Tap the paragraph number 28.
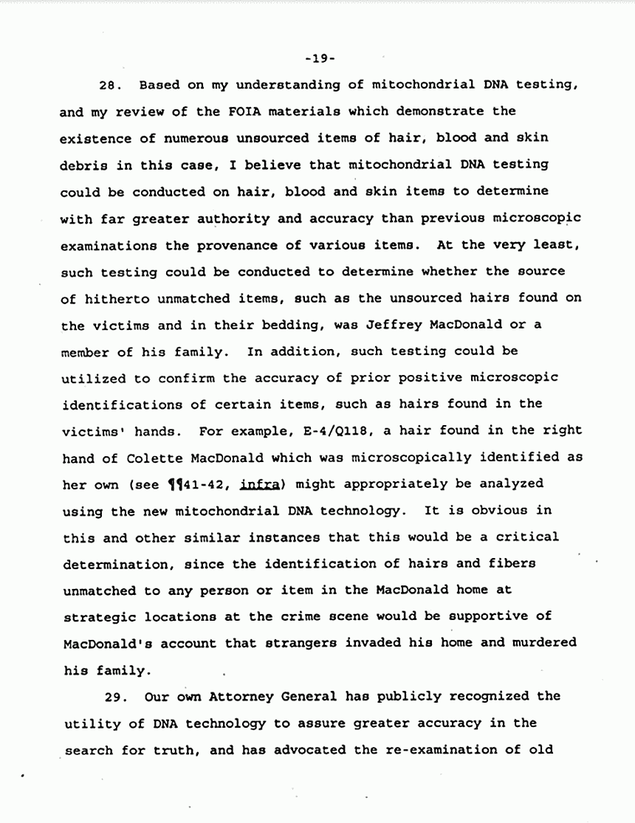(111, 85)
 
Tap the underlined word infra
(224, 484)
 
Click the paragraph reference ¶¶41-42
(165, 484)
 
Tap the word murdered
(542, 643)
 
